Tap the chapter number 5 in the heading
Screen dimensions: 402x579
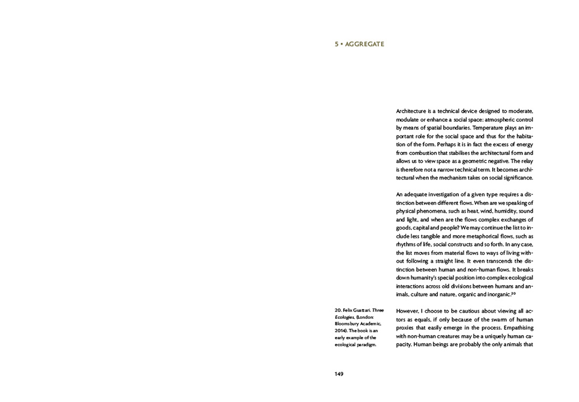[x=337, y=44]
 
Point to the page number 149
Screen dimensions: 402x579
[x=339, y=374]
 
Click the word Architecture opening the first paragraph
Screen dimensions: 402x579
[x=411, y=111]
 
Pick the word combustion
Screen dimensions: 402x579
[x=426, y=153]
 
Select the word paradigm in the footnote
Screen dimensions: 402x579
[x=363, y=345]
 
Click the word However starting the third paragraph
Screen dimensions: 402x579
[x=410, y=311]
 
